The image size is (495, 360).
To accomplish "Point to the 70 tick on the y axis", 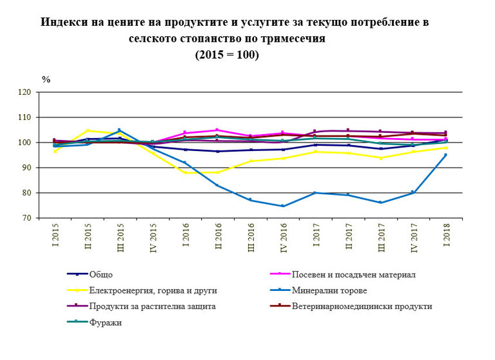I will (x=26, y=218).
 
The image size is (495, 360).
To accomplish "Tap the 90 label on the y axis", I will (x=26, y=168).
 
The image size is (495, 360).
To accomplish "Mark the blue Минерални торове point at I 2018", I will (x=446, y=155).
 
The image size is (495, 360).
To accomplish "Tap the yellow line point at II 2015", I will (x=88, y=131).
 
